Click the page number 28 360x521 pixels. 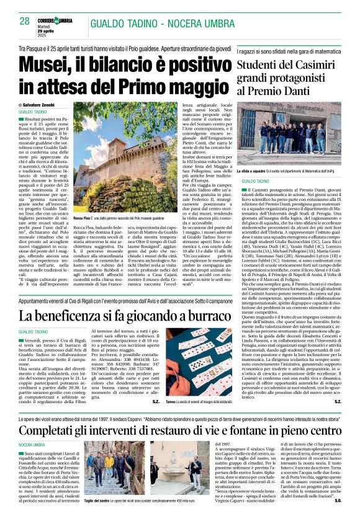[24, 21]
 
